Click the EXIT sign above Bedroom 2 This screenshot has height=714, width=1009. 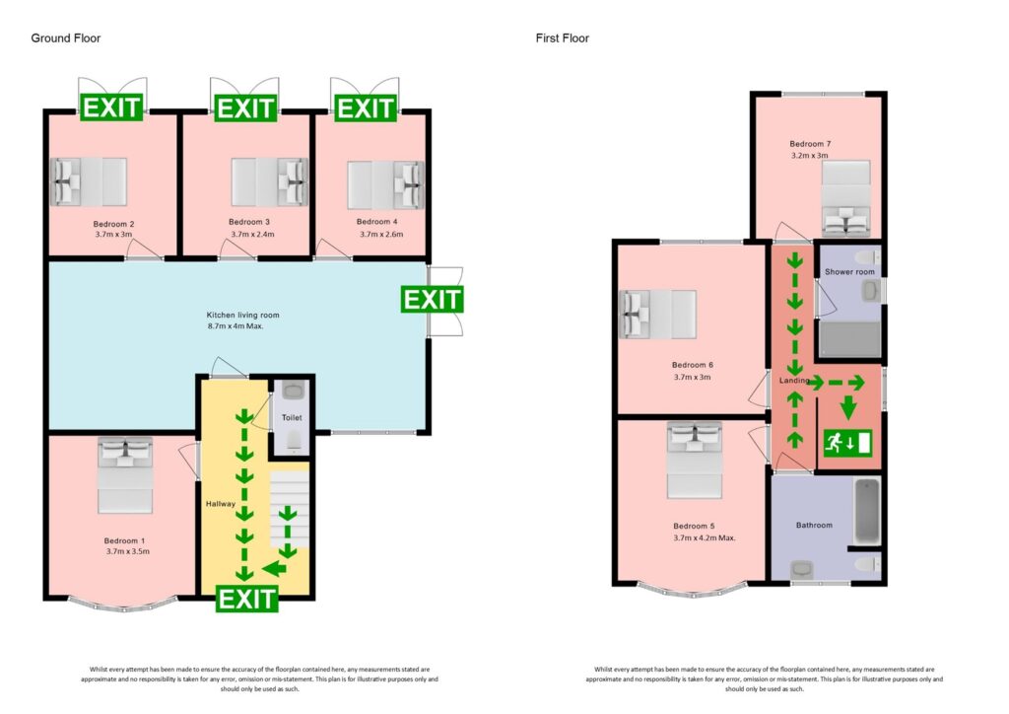pos(112,107)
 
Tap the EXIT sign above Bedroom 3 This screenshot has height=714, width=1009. pos(244,107)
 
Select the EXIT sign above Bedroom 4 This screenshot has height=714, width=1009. pos(366,107)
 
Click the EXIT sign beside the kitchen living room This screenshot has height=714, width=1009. pos(432,299)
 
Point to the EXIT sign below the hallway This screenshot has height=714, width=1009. pos(246,598)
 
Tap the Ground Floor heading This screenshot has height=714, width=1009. pos(65,38)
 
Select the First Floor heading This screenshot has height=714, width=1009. pos(563,38)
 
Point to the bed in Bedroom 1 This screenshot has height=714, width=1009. pos(125,475)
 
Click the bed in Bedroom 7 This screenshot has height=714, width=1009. pos(846,197)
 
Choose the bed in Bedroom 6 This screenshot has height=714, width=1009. pos(657,314)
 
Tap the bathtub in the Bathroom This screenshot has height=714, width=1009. pos(865,511)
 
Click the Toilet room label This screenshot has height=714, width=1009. pos(291,418)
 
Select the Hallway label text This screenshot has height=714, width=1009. pos(220,504)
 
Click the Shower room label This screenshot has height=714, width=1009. pos(849,272)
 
